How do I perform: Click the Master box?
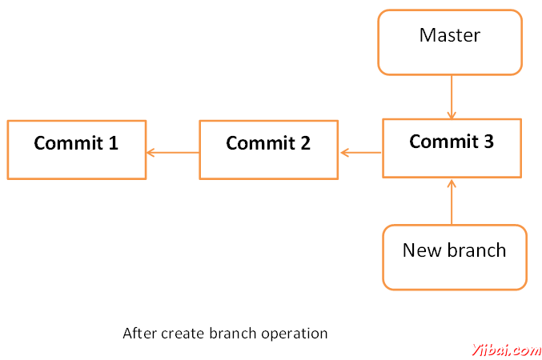450,42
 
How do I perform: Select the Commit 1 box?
77,150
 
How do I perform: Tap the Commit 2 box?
268,150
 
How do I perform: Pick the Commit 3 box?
452,148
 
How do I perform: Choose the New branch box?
455,258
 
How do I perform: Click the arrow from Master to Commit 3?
452,97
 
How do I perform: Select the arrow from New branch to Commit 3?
452,202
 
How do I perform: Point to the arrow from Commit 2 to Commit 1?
173,152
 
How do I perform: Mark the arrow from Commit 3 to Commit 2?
361,152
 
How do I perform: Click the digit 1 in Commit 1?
114,142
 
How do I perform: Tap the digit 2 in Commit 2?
305,142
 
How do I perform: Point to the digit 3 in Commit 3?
488,142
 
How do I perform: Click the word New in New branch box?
422,250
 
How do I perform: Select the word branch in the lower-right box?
476,250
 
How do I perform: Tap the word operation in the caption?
295,334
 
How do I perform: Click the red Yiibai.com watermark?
507,350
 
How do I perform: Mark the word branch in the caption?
233,334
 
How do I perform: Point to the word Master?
450,35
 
